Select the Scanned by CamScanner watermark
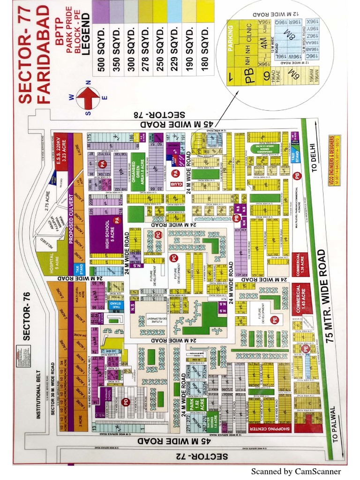click(x=296, y=471)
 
